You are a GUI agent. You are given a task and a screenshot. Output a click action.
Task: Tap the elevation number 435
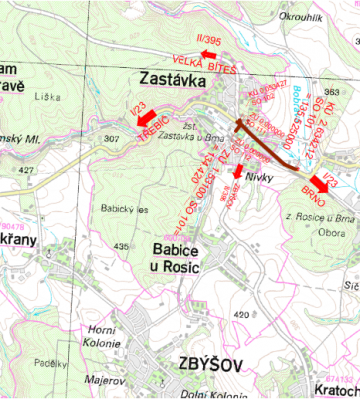click(122, 246)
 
